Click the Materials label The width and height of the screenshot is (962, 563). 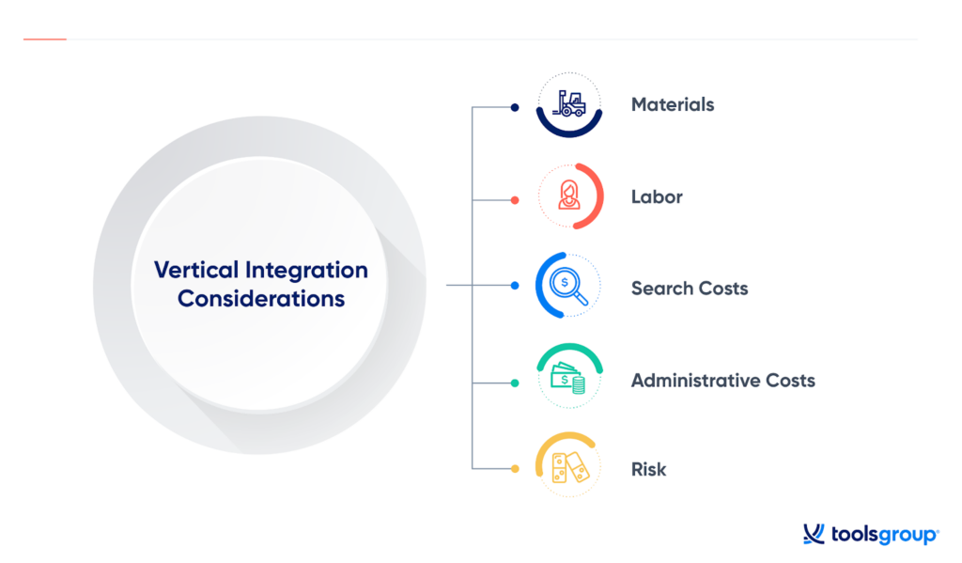point(673,104)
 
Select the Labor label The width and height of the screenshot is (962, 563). point(657,196)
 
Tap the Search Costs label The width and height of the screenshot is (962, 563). point(690,289)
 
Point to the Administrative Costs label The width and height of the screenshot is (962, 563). point(722,381)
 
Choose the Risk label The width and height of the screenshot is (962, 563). point(648,469)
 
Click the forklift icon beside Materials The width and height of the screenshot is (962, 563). point(570,104)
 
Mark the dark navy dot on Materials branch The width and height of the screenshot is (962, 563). point(515,107)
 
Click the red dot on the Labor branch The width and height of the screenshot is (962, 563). point(515,199)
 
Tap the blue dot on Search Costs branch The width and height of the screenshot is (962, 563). point(515,285)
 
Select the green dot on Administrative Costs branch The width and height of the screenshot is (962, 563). point(515,383)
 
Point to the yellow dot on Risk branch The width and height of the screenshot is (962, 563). point(515,468)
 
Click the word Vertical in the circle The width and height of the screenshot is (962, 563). point(195,271)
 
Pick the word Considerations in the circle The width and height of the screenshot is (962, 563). point(261,300)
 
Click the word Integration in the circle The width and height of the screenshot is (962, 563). point(306,271)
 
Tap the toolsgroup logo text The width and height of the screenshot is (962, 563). point(883,535)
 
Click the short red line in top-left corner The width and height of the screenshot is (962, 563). point(44,39)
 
